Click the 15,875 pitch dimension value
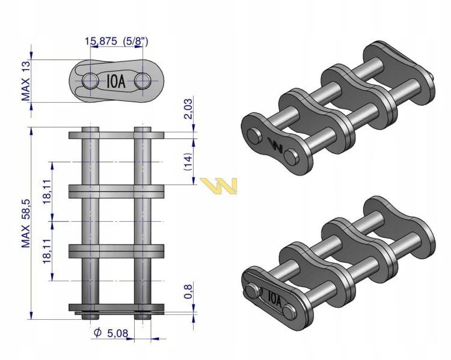pyautogui.click(x=100, y=41)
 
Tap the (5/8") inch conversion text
pyautogui.click(x=135, y=41)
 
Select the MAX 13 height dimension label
pyautogui.click(x=26, y=81)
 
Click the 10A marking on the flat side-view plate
pyautogui.click(x=116, y=81)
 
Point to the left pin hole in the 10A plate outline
pyautogui.click(x=90, y=81)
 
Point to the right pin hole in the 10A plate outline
pyautogui.click(x=143, y=81)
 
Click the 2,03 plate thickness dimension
pyautogui.click(x=188, y=109)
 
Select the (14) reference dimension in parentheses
pyautogui.click(x=188, y=162)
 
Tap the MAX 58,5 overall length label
pyautogui.click(x=26, y=224)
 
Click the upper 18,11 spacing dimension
pyautogui.click(x=47, y=192)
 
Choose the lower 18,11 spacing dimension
pyautogui.click(x=47, y=251)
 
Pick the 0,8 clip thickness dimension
pyautogui.click(x=188, y=291)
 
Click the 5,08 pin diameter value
pyautogui.click(x=118, y=334)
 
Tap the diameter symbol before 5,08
pyautogui.click(x=98, y=333)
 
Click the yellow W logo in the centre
pyautogui.click(x=219, y=186)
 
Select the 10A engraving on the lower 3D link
pyautogui.click(x=275, y=299)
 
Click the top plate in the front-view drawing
pyautogui.click(x=117, y=135)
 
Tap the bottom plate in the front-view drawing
pyautogui.click(x=117, y=307)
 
